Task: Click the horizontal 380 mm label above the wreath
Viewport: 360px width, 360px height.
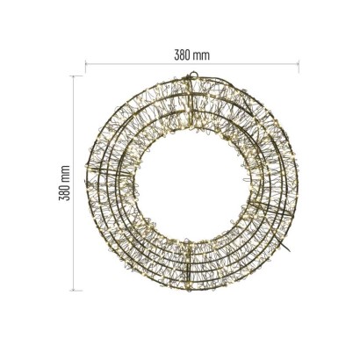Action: pos(192,55)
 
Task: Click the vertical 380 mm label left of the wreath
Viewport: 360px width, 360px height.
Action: pos(64,183)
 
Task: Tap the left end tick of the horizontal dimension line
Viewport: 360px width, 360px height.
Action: pos(85,66)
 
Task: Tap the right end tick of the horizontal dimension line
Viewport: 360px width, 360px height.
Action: pos(299,66)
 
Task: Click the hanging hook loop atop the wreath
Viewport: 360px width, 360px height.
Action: pos(193,75)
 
